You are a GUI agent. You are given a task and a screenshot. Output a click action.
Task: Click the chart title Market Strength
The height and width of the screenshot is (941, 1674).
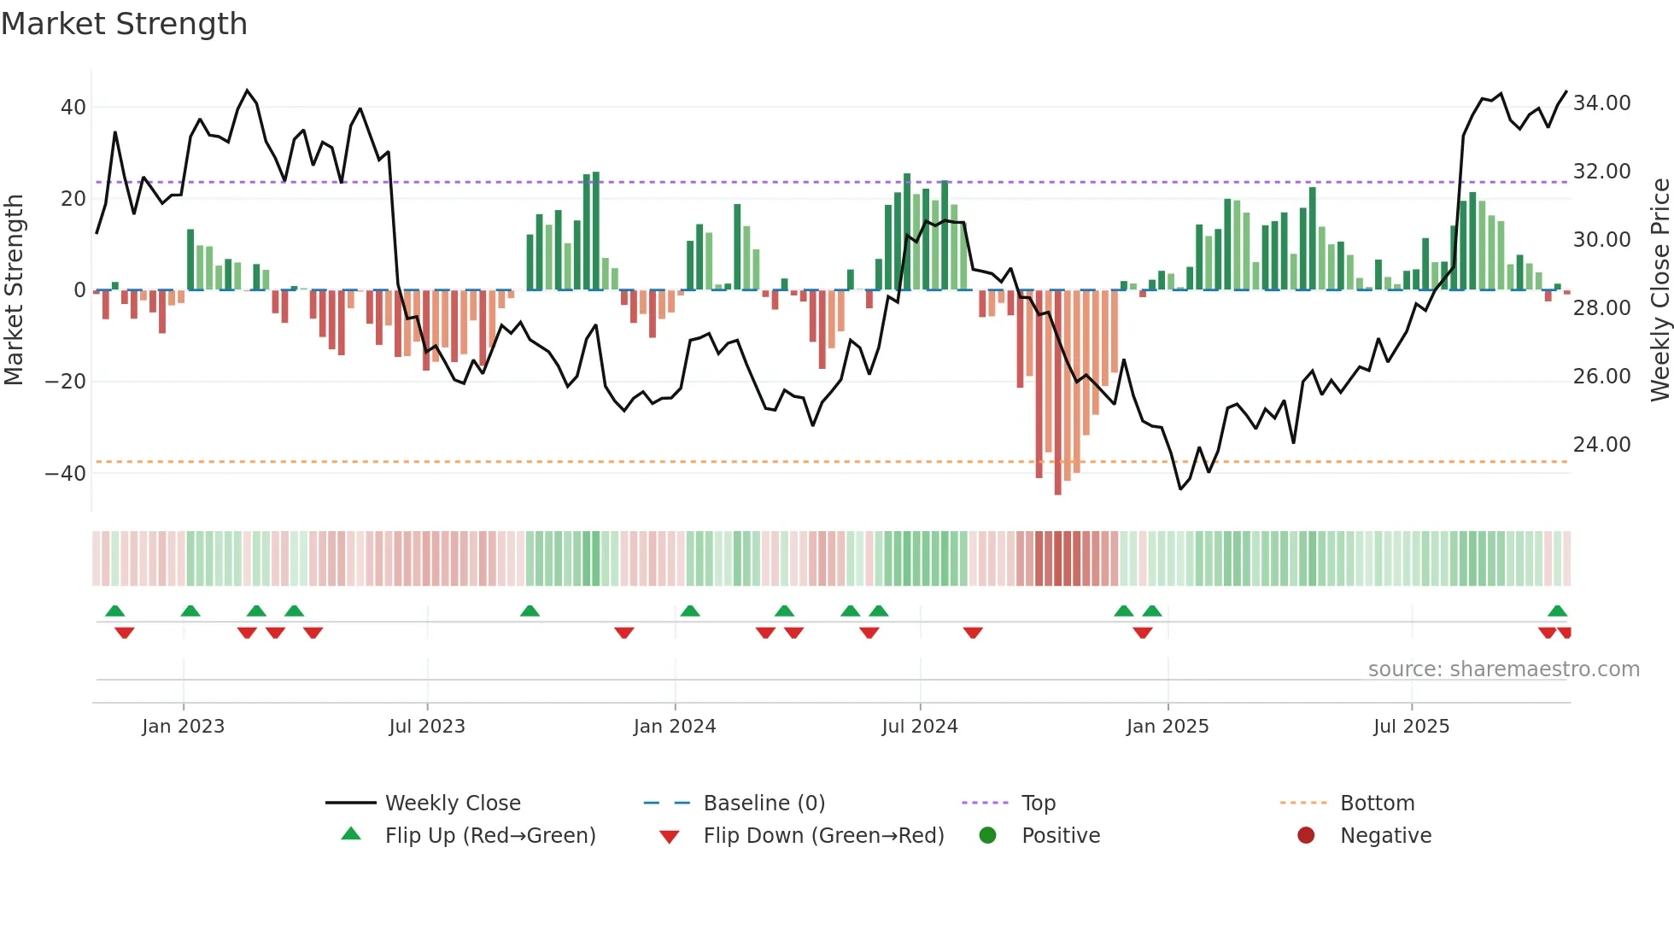[x=124, y=24]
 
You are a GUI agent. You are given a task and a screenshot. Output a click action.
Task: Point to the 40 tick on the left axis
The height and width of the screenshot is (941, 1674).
[x=73, y=108]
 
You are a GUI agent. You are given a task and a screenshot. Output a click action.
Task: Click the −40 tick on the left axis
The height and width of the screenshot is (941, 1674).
[x=66, y=474]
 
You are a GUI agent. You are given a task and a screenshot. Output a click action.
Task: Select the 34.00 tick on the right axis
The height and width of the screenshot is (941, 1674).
[x=1601, y=103]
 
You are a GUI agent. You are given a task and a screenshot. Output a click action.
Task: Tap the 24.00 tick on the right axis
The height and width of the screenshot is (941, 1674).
[x=1601, y=445]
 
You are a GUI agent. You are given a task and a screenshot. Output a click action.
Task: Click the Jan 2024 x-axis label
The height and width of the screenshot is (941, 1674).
[x=674, y=727]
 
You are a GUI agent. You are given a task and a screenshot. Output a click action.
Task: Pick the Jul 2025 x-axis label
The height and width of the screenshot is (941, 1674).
[x=1411, y=727]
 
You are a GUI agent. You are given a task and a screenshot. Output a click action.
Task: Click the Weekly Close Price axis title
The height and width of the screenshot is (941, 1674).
[x=1659, y=290]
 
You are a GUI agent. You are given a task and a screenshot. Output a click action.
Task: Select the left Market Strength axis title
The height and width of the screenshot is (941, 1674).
[x=14, y=290]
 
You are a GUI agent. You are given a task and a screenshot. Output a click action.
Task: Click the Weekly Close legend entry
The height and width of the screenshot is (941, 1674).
[x=452, y=804]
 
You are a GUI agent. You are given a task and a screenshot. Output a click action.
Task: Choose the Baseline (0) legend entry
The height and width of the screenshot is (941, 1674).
[x=764, y=804]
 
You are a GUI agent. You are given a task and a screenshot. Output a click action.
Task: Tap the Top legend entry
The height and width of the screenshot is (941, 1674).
[x=1038, y=804]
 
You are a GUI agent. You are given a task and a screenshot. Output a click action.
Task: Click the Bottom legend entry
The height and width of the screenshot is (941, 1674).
[x=1377, y=804]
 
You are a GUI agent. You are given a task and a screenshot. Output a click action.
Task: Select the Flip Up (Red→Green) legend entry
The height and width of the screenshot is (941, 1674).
[x=489, y=836]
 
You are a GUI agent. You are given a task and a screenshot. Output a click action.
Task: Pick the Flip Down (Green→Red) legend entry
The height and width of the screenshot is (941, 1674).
[x=823, y=836]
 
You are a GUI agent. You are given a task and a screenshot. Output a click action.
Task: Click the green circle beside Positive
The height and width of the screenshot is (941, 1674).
[x=987, y=836]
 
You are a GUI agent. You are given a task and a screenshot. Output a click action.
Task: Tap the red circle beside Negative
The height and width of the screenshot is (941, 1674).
[x=1306, y=836]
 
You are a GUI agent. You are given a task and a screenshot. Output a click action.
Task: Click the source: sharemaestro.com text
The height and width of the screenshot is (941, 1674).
[x=1503, y=669]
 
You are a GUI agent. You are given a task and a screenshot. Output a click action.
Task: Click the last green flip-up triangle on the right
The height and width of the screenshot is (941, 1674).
[x=1557, y=611]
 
